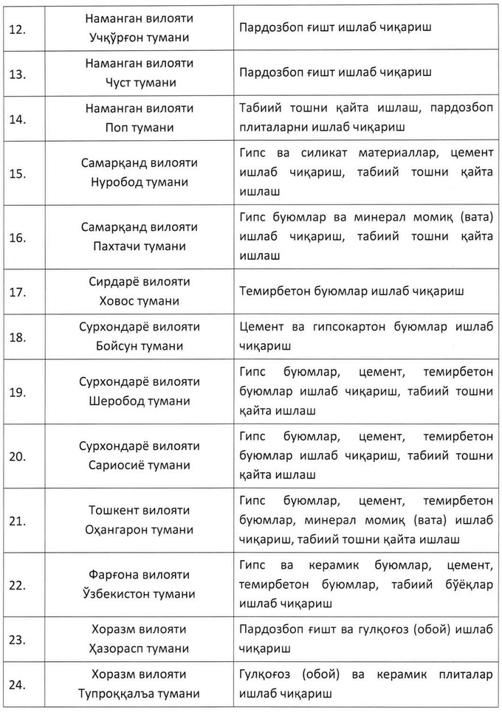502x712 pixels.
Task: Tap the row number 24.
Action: (18, 685)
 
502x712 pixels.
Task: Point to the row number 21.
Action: (18, 521)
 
